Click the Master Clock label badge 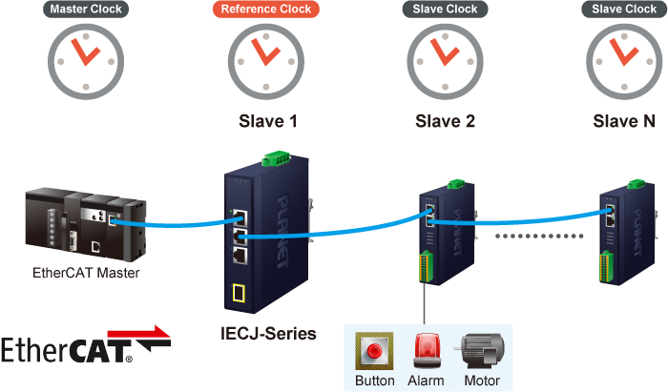86,10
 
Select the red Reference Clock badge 264,10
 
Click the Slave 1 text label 267,122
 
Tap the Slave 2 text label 446,122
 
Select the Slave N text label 624,122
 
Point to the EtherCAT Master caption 85,274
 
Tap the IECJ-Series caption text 266,335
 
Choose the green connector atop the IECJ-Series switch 277,156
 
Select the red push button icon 374,351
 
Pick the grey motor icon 480,351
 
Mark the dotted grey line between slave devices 534,232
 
